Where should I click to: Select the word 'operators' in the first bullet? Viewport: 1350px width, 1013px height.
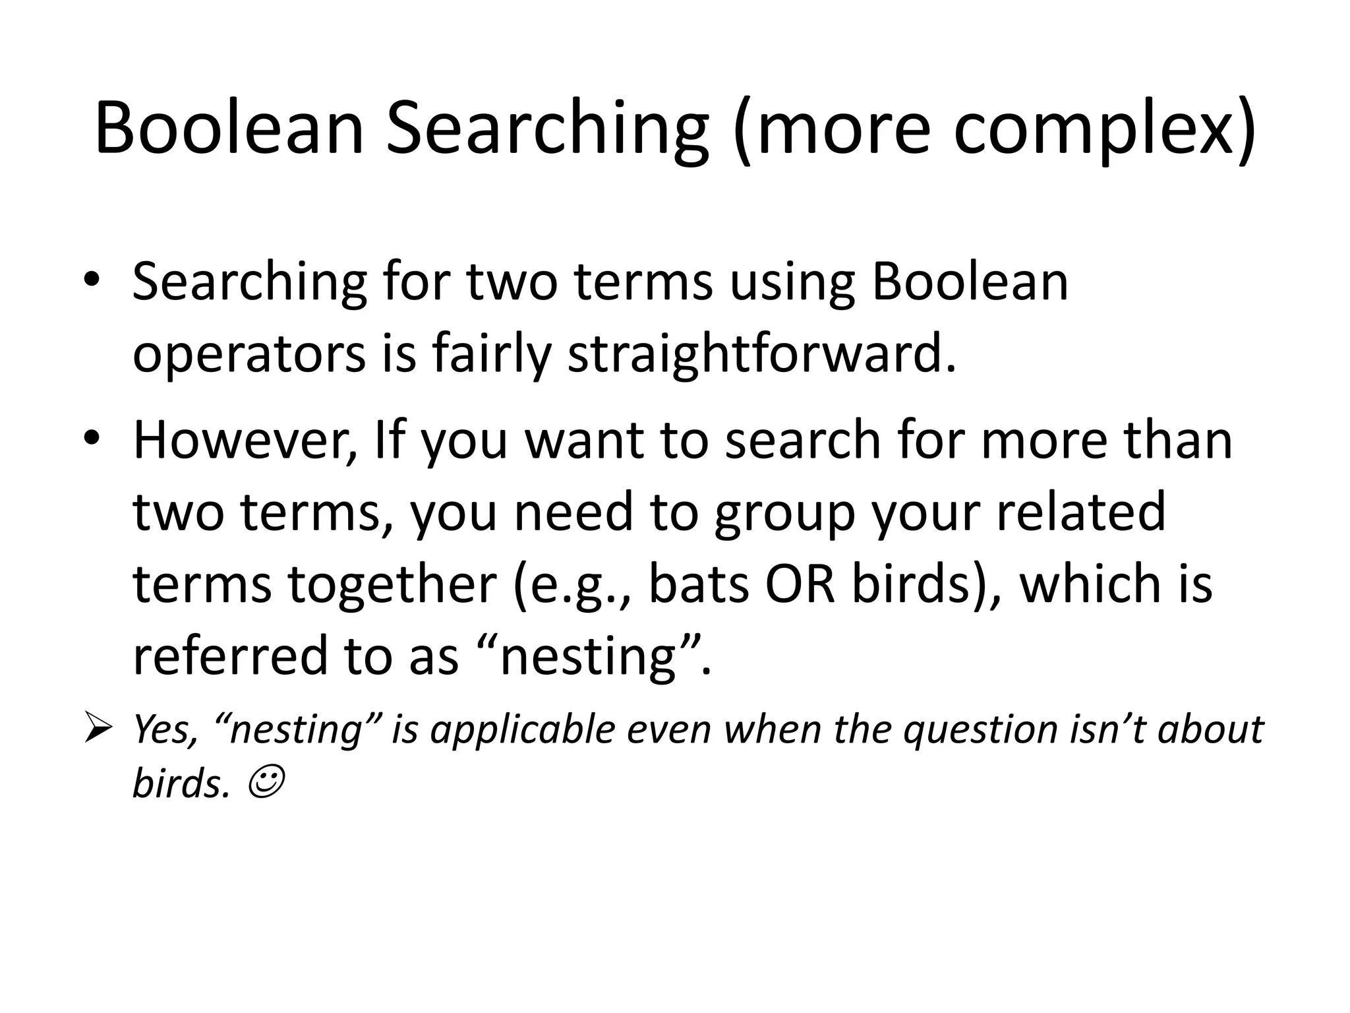[x=249, y=354]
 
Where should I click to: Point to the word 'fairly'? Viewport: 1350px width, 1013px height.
[x=490, y=354]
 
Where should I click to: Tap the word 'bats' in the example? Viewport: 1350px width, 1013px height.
[x=698, y=584]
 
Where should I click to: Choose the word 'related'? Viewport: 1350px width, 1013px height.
[x=1080, y=512]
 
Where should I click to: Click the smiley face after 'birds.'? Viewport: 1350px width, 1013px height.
[x=266, y=783]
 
